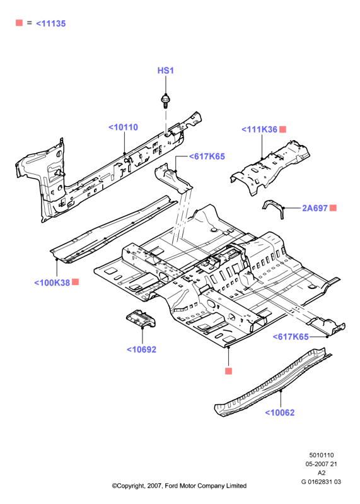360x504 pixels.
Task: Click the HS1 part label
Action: pos(165,71)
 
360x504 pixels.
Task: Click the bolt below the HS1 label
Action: pos(165,100)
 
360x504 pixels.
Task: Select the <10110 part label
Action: pos(124,127)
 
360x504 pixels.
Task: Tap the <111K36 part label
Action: pos(260,129)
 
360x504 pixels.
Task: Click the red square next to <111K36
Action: pos(282,129)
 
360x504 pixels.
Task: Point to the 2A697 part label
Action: pos(315,208)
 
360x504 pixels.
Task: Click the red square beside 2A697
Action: pos(333,208)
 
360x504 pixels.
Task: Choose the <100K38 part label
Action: pos(52,283)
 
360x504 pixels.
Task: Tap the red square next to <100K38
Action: pos(75,282)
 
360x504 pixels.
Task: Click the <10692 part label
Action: pos(142,349)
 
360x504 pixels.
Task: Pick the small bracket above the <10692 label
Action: pos(141,319)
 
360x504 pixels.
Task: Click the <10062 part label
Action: pos(280,413)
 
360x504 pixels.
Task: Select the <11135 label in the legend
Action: pos(50,23)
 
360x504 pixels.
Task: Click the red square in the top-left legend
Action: pos(20,23)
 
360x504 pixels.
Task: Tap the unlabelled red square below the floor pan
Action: pos(228,372)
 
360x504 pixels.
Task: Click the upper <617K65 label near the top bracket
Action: pos(207,156)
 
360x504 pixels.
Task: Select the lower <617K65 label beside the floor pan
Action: pos(291,337)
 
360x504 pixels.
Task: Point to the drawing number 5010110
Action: pos(322,455)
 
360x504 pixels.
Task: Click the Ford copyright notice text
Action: pos(179,486)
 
